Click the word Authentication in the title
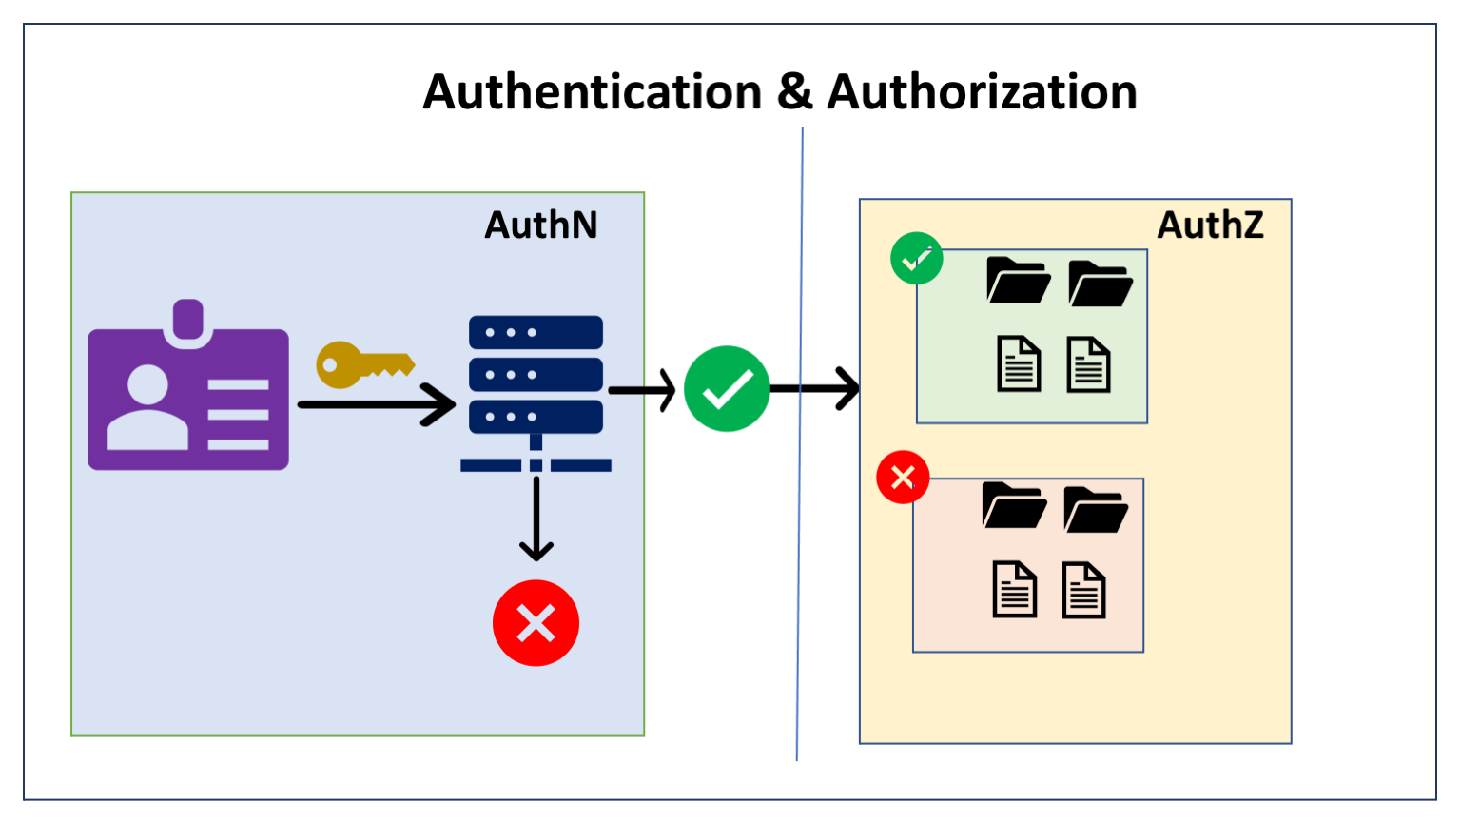click(x=592, y=92)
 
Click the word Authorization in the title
click(x=982, y=92)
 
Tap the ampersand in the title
click(x=794, y=92)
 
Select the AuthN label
click(x=541, y=225)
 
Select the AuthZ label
click(x=1210, y=225)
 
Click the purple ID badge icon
click(x=188, y=395)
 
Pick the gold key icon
click(x=363, y=364)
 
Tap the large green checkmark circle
click(x=727, y=389)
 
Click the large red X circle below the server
click(x=536, y=623)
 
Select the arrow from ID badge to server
click(x=376, y=404)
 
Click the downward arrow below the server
click(x=536, y=519)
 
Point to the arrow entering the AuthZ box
click(x=818, y=388)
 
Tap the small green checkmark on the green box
click(x=916, y=259)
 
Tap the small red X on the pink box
click(x=903, y=477)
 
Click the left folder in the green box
click(x=1018, y=281)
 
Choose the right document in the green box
click(x=1088, y=364)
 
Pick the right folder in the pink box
click(x=1096, y=508)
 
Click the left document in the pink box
click(x=1014, y=590)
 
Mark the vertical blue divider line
click(x=800, y=571)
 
